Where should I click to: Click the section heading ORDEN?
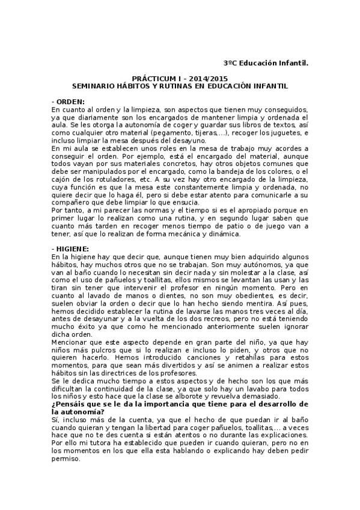tap(71, 102)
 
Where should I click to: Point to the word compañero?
tap(70, 203)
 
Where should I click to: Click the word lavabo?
tap(227, 389)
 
